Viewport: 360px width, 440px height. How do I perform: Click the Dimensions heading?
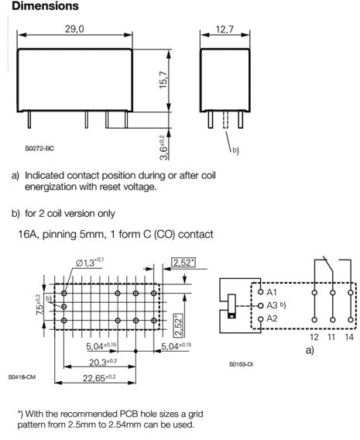pyautogui.click(x=45, y=6)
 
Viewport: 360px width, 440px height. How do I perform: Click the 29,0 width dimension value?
pyautogui.click(x=74, y=29)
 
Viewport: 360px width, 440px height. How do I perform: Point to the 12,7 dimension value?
pyautogui.click(x=225, y=29)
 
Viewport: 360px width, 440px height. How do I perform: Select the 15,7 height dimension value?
pyautogui.click(x=163, y=80)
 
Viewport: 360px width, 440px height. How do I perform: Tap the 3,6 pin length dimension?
pyautogui.click(x=163, y=148)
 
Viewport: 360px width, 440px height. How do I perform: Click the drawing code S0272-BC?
pyautogui.click(x=39, y=149)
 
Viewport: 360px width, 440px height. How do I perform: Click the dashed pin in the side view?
pyautogui.click(x=225, y=120)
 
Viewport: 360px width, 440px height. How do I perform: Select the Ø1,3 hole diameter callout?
pyautogui.click(x=90, y=263)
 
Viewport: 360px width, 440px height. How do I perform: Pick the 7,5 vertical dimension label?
pyautogui.click(x=39, y=304)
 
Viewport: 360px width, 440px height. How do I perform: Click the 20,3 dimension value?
pyautogui.click(x=103, y=363)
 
